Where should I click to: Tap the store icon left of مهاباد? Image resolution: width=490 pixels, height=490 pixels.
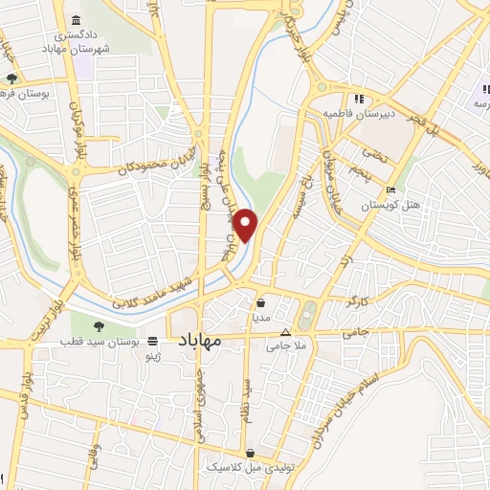click(x=153, y=340)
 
